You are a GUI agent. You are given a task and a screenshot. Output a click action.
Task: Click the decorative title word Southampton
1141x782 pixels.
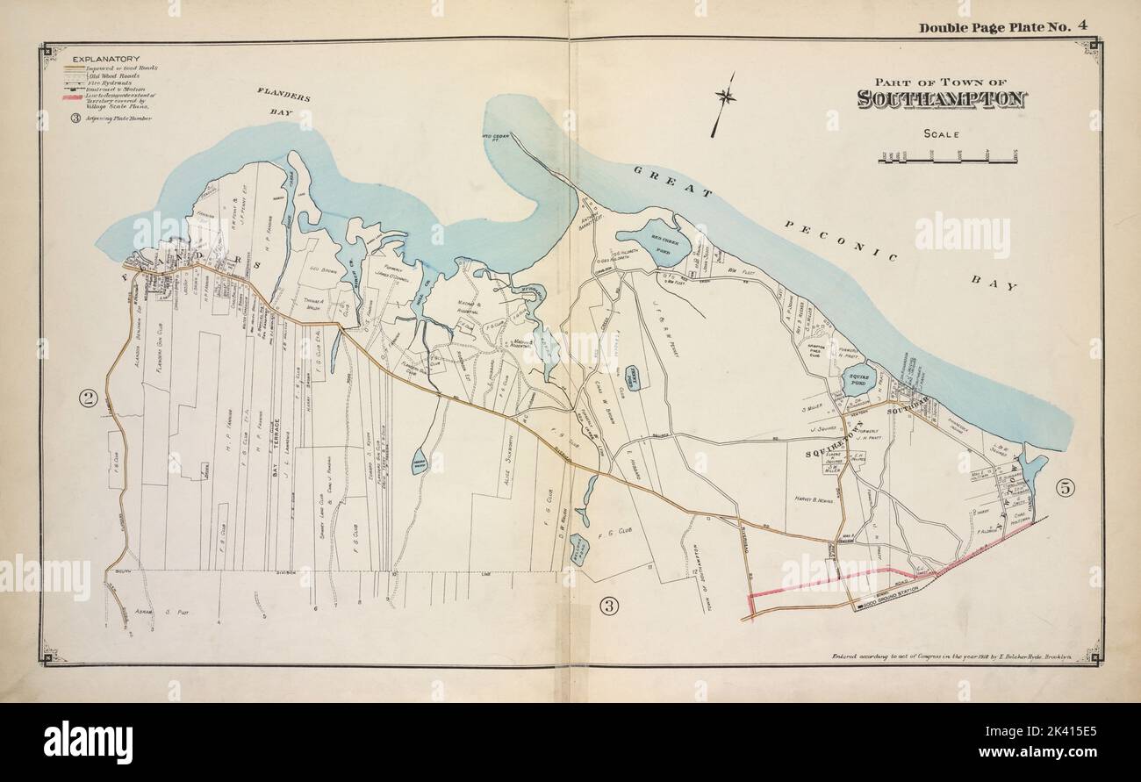[942, 98]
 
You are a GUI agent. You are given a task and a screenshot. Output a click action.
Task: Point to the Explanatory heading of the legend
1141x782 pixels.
[102, 59]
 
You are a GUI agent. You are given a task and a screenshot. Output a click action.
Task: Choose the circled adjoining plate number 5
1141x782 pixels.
[1066, 485]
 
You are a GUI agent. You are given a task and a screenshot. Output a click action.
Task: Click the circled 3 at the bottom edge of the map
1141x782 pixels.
[608, 604]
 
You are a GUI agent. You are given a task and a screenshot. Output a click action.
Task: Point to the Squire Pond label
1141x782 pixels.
[857, 379]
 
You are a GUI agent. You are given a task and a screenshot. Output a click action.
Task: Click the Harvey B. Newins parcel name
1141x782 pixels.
[807, 491]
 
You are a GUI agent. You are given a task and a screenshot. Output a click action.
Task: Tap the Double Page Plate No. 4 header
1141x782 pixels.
[1003, 27]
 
